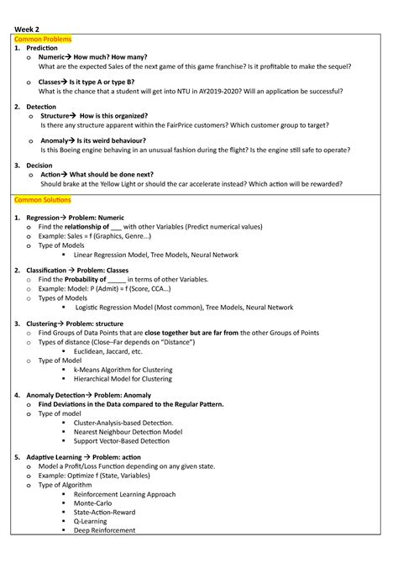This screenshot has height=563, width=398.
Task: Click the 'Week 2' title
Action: coord(25,29)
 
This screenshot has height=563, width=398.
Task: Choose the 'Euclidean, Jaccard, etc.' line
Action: coord(108,351)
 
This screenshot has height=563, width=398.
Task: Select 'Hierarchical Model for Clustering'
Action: coord(123,379)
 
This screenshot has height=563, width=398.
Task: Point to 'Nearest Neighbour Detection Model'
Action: coord(128,432)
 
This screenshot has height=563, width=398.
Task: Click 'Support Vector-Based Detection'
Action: coord(121,441)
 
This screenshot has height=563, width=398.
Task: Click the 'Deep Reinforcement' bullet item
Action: coord(104,530)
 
